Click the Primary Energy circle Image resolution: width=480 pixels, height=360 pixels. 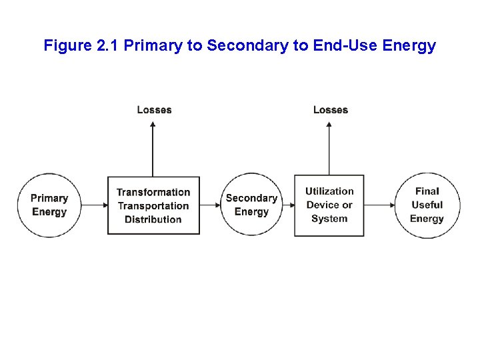tap(49, 205)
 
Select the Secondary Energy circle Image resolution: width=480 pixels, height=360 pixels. tap(251, 205)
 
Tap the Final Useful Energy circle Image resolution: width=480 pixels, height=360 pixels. tap(427, 205)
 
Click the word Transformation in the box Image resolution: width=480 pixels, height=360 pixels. tap(153, 193)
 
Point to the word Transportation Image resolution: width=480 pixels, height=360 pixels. tap(153, 206)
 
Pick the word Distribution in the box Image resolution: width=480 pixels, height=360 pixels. tap(153, 219)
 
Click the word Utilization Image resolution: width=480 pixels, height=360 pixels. tap(329, 191)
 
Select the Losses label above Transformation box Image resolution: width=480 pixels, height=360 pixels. tap(154, 110)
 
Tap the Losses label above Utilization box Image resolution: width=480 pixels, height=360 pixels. tap(331, 110)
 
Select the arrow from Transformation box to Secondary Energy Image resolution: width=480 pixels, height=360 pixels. tap(210, 205)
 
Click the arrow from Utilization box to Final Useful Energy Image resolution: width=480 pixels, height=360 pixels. tap(379, 205)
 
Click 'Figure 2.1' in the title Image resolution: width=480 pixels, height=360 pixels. tap(82, 46)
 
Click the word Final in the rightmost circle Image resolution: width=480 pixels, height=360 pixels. tap(427, 191)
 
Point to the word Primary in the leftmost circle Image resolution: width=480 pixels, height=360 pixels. tap(49, 198)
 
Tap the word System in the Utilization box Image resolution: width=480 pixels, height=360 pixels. tap(329, 219)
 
